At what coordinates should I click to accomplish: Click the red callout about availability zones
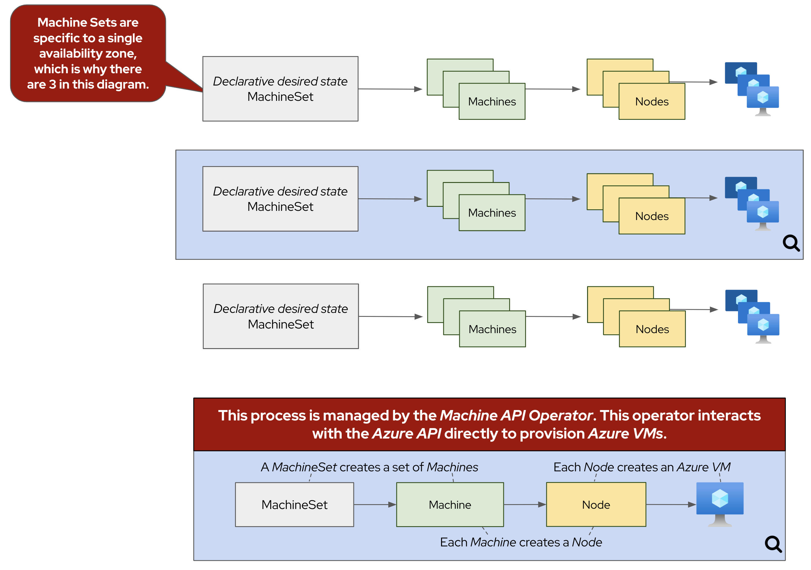[88, 53]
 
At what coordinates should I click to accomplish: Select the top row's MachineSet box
[280, 89]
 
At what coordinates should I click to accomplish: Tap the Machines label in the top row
[492, 102]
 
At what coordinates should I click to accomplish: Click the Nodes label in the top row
[652, 102]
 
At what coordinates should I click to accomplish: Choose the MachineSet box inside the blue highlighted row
[280, 199]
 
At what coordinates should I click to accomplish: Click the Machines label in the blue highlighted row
[492, 213]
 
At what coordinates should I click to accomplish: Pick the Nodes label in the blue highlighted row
[652, 216]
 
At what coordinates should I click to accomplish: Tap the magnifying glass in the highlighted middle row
[791, 243]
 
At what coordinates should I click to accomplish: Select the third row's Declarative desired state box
[280, 316]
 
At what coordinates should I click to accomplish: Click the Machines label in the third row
[492, 329]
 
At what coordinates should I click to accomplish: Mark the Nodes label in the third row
[652, 329]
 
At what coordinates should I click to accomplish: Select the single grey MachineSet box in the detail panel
[294, 505]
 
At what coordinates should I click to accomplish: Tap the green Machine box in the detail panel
[450, 505]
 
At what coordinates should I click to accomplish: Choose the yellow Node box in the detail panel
[596, 505]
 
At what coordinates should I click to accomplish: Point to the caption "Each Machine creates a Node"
[521, 542]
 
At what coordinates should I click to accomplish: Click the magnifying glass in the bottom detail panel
[773, 544]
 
